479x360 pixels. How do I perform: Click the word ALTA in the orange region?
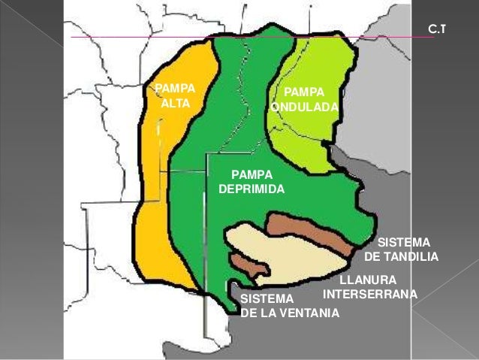(176, 102)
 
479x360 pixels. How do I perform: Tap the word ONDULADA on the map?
(306, 107)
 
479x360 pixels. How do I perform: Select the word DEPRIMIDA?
(251, 189)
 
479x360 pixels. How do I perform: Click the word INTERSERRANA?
(369, 293)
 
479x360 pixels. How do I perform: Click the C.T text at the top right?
(436, 29)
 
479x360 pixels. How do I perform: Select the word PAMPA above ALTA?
(174, 88)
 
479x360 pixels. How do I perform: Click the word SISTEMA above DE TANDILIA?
(403, 244)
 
